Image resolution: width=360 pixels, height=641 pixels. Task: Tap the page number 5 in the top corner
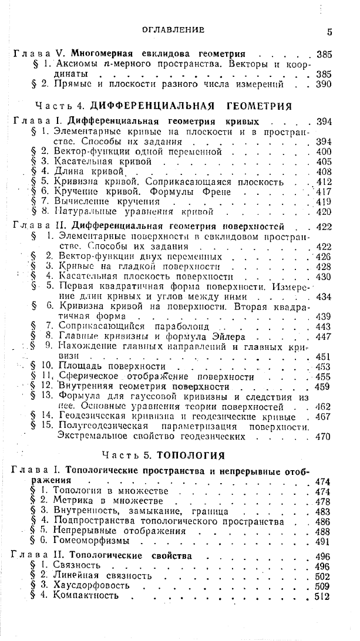[x=330, y=32]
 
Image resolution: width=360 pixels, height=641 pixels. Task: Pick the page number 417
[x=324, y=191]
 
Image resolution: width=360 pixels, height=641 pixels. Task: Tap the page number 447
[x=323, y=337]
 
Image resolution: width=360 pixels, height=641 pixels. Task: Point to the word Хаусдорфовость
[x=91, y=586]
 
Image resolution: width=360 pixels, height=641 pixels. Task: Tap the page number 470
[x=323, y=437]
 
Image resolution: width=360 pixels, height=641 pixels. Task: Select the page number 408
[x=324, y=172]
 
